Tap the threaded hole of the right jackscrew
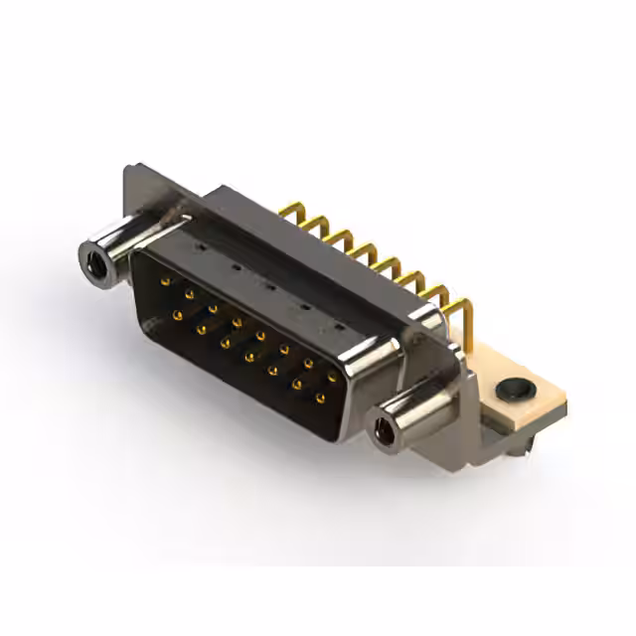[x=383, y=430]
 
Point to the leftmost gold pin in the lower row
[x=177, y=316]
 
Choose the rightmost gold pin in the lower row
[x=320, y=398]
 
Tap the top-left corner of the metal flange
[x=130, y=170]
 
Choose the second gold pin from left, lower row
[x=202, y=327]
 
